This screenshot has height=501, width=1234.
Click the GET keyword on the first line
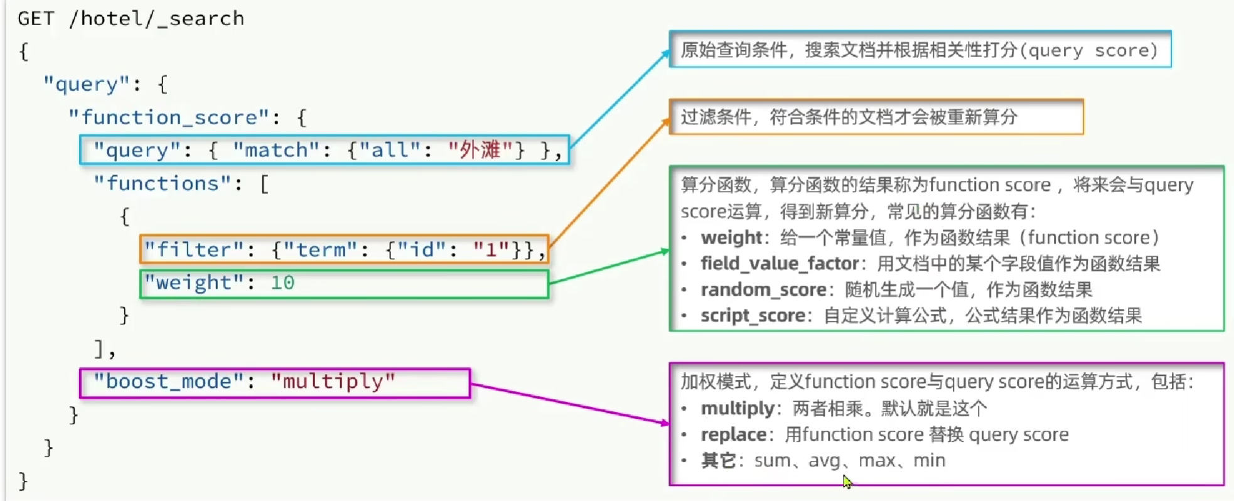pyautogui.click(x=36, y=19)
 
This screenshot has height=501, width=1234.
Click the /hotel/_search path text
pyautogui.click(x=156, y=19)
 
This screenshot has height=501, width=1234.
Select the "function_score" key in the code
pyautogui.click(x=169, y=117)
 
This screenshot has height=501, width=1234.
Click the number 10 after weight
pyautogui.click(x=282, y=283)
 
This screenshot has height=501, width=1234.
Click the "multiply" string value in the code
pyautogui.click(x=333, y=382)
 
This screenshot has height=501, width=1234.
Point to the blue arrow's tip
pyautogui.click(x=667, y=53)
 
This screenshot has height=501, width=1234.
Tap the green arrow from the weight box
pyautogui.click(x=609, y=267)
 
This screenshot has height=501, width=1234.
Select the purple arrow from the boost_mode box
pyautogui.click(x=571, y=404)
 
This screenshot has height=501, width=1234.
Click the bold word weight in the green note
pyautogui.click(x=731, y=238)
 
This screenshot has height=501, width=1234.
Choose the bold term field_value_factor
pyautogui.click(x=779, y=264)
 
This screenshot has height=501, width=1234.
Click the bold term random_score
pyautogui.click(x=763, y=289)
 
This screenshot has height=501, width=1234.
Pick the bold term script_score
pyautogui.click(x=753, y=315)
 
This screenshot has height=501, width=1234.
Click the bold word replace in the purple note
pyautogui.click(x=732, y=434)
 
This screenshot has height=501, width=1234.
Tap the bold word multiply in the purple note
pyautogui.click(x=737, y=409)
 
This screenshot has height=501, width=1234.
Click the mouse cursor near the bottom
pyautogui.click(x=847, y=482)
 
